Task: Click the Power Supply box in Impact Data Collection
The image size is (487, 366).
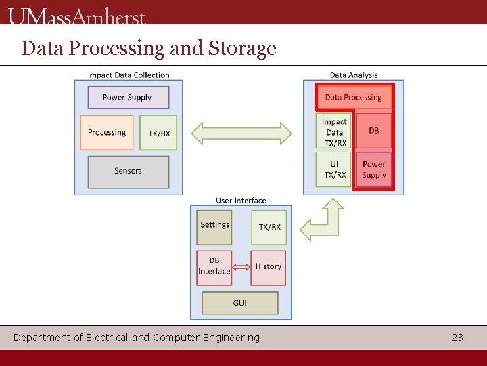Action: [x=128, y=97]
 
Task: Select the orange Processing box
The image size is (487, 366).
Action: [x=106, y=133]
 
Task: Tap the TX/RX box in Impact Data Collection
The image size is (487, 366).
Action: [x=159, y=133]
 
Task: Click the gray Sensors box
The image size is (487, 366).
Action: [x=128, y=171]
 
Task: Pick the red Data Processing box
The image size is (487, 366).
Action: [x=353, y=98]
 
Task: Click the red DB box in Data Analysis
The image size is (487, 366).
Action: [x=374, y=131]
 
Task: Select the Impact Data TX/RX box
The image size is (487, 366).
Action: [x=334, y=132]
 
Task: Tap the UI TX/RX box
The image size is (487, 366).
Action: [x=334, y=169]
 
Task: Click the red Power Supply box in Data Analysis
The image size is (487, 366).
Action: [x=374, y=169]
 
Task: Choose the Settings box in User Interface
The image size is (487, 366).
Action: [x=214, y=226]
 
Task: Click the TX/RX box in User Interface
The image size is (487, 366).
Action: [x=269, y=226]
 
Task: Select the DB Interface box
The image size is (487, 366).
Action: [x=214, y=266]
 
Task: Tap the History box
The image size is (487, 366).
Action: [x=268, y=267]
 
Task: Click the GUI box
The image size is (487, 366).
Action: [x=239, y=303]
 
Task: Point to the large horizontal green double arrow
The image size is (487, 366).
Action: [x=241, y=133]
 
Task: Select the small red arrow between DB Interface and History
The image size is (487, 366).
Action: [x=241, y=267]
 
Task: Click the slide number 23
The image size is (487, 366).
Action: [x=457, y=338]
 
